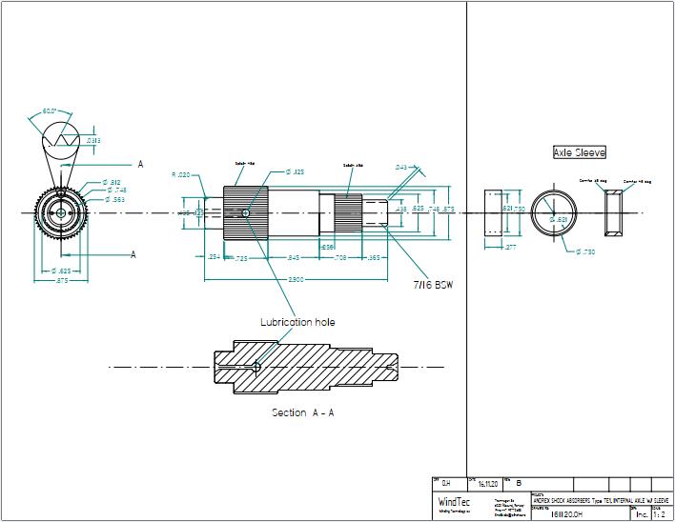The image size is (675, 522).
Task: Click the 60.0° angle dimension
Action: point(51,111)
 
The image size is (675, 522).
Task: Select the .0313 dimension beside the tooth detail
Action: point(93,141)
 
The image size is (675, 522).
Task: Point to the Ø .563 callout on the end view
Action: point(113,199)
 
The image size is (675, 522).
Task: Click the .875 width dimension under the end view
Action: point(61,281)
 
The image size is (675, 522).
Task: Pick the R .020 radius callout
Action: point(180,174)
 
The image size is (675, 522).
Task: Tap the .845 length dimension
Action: point(294,257)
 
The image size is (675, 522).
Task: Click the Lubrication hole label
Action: point(297,322)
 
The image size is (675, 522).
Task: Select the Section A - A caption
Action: point(302,412)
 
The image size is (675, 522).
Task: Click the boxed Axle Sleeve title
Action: point(579,152)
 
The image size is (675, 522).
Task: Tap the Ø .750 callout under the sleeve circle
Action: point(585,251)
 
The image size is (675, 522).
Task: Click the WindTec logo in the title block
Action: point(453,502)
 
